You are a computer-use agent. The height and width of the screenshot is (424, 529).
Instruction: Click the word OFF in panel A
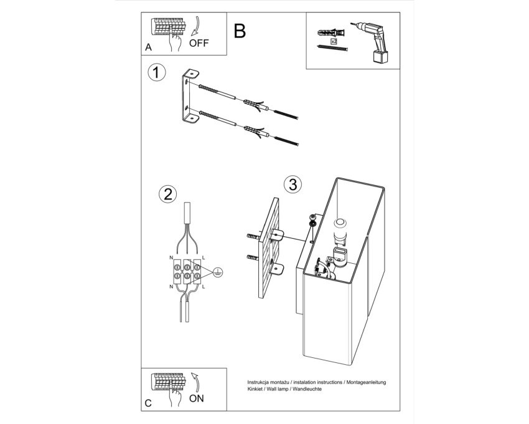click(199, 43)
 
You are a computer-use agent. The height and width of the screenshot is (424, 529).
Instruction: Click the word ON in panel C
click(196, 398)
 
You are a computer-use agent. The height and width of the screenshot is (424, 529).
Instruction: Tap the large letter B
click(240, 31)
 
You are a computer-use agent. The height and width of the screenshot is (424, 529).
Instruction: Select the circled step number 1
click(157, 73)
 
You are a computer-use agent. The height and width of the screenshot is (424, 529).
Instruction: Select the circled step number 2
click(167, 194)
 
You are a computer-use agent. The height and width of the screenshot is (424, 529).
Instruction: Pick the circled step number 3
click(293, 185)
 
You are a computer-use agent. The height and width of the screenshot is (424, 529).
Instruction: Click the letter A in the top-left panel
click(149, 47)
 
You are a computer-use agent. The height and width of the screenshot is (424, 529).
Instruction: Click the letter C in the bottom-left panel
click(148, 403)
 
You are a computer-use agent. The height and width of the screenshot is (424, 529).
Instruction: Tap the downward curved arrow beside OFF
click(195, 26)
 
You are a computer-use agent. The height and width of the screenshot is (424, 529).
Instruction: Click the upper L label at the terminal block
click(203, 258)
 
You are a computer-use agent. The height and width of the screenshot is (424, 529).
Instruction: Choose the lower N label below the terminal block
click(171, 287)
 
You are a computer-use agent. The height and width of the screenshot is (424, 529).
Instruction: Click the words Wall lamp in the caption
click(278, 389)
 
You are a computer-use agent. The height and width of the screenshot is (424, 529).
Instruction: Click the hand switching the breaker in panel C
click(175, 395)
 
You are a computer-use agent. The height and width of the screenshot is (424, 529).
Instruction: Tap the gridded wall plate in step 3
click(269, 248)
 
